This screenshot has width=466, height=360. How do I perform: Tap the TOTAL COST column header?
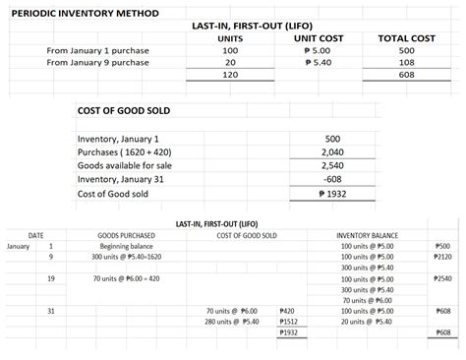pos(405,37)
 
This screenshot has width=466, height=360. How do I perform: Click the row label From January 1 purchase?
pos(97,50)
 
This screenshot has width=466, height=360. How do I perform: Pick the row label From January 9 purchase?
pos(97,62)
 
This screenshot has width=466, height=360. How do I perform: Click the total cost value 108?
pos(405,62)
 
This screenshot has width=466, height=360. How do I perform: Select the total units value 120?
pos(231,75)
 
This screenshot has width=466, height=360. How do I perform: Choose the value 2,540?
pos(331,166)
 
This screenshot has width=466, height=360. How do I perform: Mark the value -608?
pos(331,180)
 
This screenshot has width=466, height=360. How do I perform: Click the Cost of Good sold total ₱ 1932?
pos(331,194)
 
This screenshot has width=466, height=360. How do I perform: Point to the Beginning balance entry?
pos(125,246)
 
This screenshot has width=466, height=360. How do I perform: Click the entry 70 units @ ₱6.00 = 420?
pos(126,279)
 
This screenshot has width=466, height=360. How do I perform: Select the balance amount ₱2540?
pos(441,279)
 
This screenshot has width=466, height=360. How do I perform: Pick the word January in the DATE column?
pos(20,246)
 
